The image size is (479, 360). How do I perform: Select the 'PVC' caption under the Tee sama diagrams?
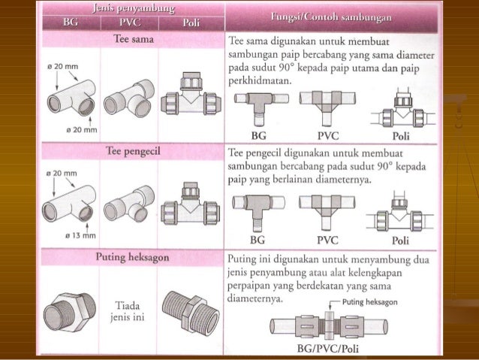point(327,135)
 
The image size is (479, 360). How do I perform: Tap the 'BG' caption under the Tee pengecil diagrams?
point(258,241)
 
